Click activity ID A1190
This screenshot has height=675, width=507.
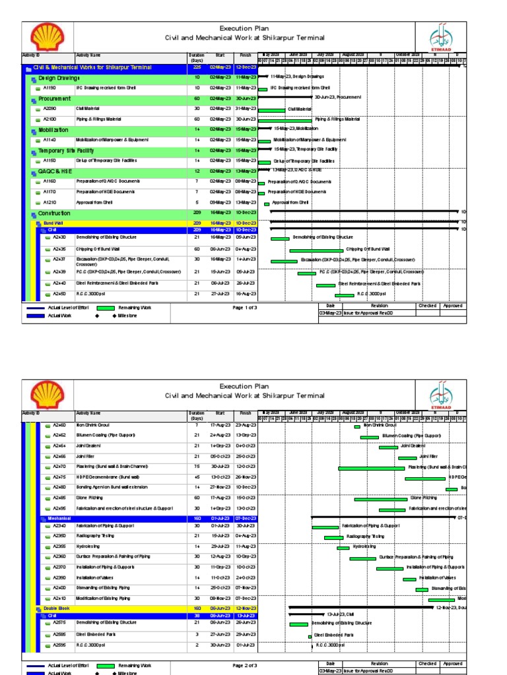pos(50,87)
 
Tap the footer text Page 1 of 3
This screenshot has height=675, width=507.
pos(245,307)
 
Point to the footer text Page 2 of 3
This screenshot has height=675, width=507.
pos(245,666)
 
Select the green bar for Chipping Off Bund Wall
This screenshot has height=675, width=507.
pos(316,250)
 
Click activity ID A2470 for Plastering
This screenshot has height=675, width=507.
pos(59,467)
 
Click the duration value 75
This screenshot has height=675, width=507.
pos(197,467)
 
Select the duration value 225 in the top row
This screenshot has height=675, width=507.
pos(197,67)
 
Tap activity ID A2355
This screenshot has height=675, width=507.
pos(59,546)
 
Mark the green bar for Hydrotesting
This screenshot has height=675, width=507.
pos(343,548)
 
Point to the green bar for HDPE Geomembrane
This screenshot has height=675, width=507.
pos(425,478)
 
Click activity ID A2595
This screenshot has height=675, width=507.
pos(59,645)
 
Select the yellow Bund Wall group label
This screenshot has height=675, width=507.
pos(53,223)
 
